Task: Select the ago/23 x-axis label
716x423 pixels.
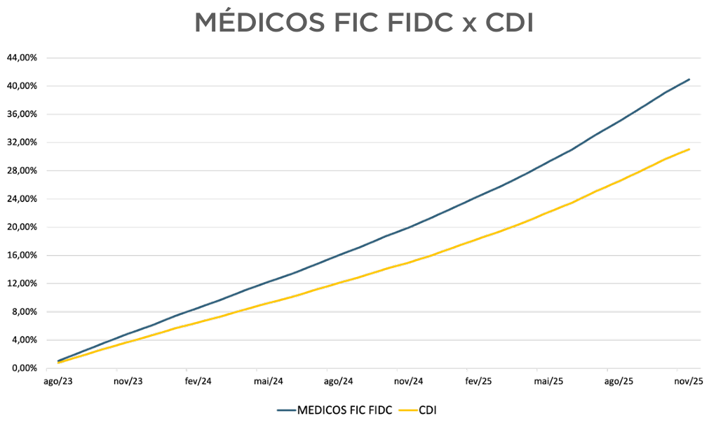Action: pyautogui.click(x=58, y=382)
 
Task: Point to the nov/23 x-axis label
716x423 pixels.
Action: pyautogui.click(x=128, y=382)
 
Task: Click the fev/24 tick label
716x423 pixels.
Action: pyautogui.click(x=198, y=382)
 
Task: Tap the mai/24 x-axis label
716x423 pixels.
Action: pyautogui.click(x=269, y=382)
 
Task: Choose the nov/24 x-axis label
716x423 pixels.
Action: pyautogui.click(x=409, y=382)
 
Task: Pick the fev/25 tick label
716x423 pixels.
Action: pyautogui.click(x=478, y=382)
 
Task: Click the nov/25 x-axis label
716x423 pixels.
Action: pyautogui.click(x=689, y=382)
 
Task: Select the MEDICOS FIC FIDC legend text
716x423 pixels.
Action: pyautogui.click(x=344, y=409)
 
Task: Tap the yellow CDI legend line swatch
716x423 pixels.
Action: pyautogui.click(x=407, y=409)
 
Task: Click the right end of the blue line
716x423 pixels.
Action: pyautogui.click(x=689, y=79)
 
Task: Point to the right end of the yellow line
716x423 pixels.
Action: pyautogui.click(x=689, y=149)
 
